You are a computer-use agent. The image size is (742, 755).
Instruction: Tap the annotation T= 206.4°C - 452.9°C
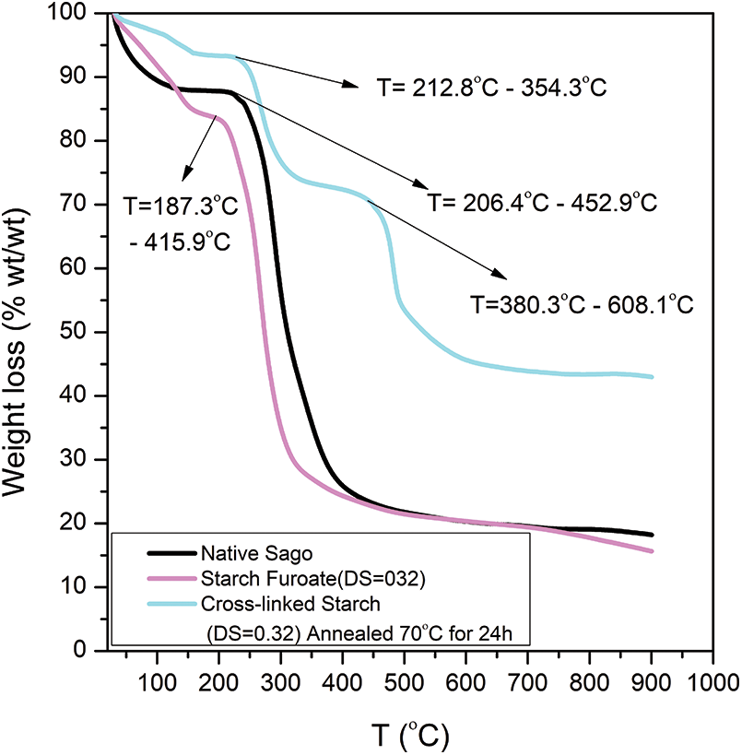pos(541,203)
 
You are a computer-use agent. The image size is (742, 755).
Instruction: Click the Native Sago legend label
pos(243,554)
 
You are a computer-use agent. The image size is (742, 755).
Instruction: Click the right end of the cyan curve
pos(652,377)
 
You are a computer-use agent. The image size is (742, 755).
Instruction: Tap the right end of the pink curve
pos(652,551)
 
